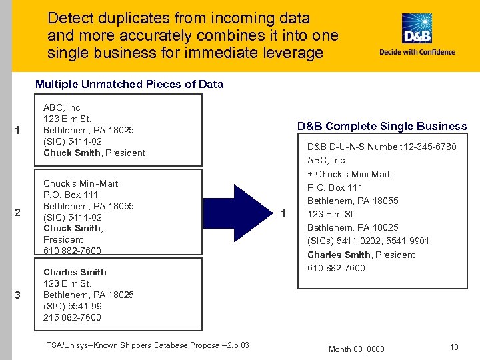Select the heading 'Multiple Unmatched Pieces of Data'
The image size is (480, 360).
coord(129,84)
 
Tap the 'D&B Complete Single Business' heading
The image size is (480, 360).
coord(382,126)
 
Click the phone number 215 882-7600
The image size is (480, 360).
coord(72,317)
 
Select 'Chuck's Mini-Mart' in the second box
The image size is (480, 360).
coord(81,183)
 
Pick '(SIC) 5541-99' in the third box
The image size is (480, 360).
coord(72,306)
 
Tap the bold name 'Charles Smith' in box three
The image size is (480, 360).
coord(75,272)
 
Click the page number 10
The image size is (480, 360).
coord(454,347)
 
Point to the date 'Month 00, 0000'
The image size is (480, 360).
coord(357,349)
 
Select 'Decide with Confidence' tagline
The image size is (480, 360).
coord(417,52)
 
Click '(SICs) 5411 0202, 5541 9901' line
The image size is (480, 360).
coord(368,241)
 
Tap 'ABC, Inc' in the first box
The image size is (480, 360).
coord(61,107)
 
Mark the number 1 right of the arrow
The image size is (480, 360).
coord(284,213)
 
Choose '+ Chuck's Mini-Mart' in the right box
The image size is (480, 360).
coord(349,174)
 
